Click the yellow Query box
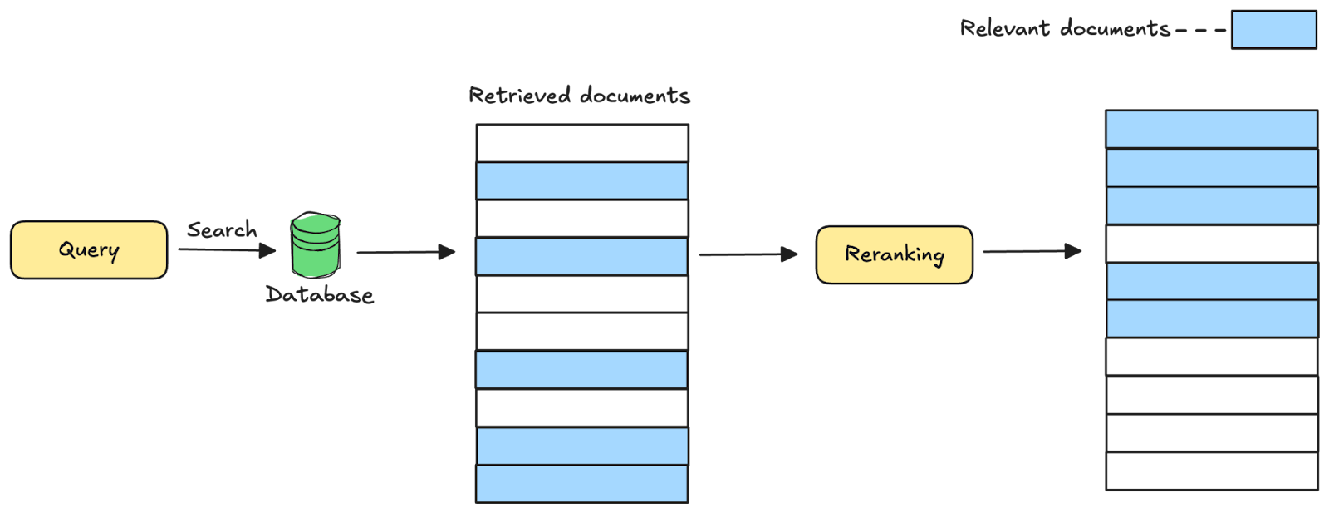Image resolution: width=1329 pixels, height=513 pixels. click(x=89, y=249)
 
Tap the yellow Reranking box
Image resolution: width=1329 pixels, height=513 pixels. click(x=894, y=254)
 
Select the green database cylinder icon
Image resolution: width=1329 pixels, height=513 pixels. click(x=315, y=246)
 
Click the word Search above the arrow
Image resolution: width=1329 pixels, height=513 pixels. click(x=222, y=230)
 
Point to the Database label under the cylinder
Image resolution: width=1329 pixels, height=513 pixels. click(x=320, y=294)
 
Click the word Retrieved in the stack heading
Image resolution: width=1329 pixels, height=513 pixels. click(x=520, y=96)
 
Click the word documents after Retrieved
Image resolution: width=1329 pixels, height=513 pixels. click(x=635, y=96)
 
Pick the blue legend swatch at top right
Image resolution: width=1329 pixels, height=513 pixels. click(x=1273, y=30)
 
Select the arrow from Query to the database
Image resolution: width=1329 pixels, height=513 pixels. click(x=227, y=249)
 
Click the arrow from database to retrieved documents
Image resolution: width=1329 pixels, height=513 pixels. click(x=406, y=252)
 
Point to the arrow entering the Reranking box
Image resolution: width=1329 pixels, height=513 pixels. click(x=748, y=254)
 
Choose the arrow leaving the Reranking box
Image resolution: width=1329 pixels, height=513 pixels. click(x=1032, y=251)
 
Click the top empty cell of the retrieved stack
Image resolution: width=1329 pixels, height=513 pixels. click(x=581, y=143)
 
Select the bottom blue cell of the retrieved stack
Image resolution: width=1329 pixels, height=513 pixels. click(x=581, y=483)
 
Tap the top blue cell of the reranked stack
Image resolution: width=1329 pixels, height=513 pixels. click(x=1211, y=129)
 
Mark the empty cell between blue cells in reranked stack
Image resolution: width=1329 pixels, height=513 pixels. click(x=1211, y=244)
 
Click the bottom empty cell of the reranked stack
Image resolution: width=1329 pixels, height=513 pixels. click(x=1211, y=471)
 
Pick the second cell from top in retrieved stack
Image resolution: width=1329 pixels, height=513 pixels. click(x=581, y=180)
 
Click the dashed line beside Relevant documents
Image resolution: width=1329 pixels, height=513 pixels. click(x=1200, y=30)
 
